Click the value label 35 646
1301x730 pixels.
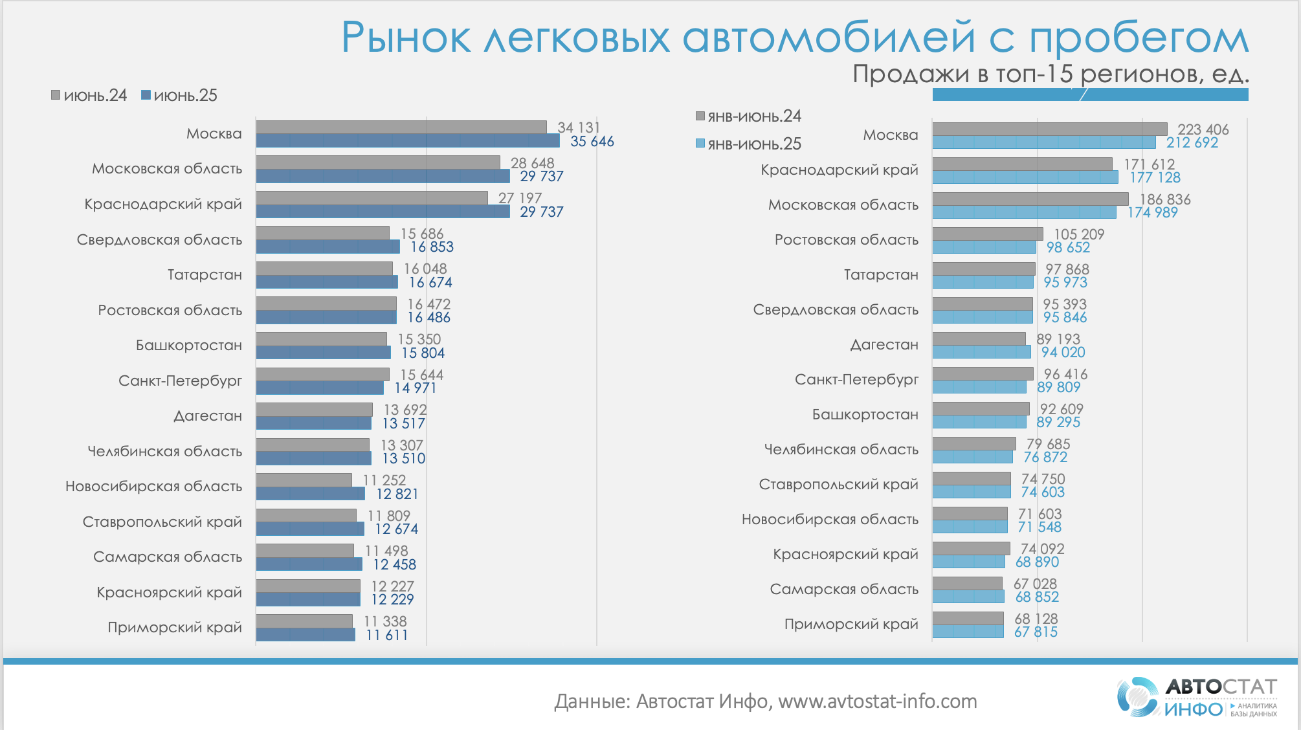(x=592, y=141)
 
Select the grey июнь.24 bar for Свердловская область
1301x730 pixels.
(x=322, y=233)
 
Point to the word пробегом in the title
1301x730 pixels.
(x=1139, y=38)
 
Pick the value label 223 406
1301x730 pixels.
(x=1203, y=129)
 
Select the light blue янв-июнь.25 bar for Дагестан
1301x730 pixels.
(x=981, y=352)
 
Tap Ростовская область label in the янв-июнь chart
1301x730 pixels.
(x=846, y=240)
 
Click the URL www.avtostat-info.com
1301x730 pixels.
(x=877, y=702)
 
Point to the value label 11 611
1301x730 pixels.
(x=386, y=635)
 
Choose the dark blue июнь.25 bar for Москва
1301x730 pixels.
(x=408, y=141)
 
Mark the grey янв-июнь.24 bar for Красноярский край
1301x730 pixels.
(x=971, y=548)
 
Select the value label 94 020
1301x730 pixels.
(x=1063, y=352)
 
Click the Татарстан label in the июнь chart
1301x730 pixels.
(x=205, y=275)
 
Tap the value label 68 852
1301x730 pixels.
(x=1037, y=597)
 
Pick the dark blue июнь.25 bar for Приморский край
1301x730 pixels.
(x=306, y=635)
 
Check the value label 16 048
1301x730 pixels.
(x=425, y=269)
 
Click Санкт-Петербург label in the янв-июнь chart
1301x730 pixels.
(x=856, y=380)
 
